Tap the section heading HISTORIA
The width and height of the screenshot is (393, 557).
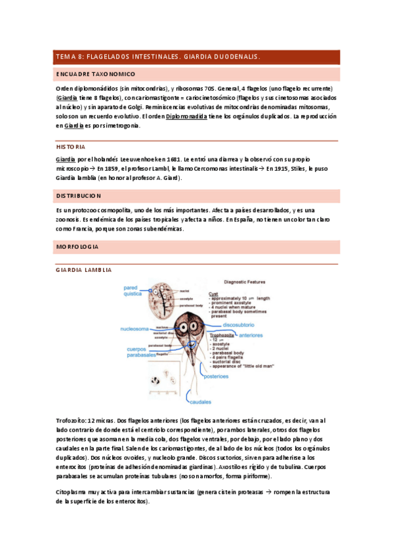(71, 146)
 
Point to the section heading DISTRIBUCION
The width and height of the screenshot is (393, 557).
(78, 196)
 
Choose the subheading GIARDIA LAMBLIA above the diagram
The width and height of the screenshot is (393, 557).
(84, 270)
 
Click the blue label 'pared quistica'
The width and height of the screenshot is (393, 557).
(130, 290)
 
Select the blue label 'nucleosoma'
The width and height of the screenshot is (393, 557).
(136, 328)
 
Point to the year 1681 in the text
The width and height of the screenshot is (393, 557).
(171, 160)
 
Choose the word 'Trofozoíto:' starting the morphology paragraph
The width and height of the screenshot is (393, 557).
(71, 420)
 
